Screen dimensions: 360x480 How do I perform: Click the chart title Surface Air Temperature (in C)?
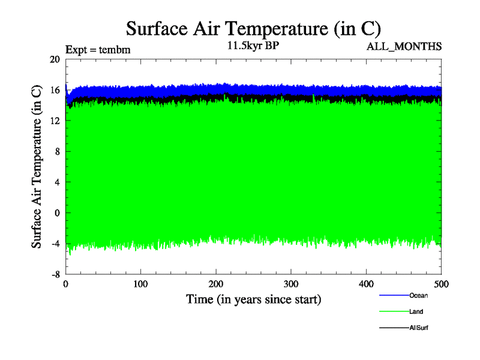[253, 28]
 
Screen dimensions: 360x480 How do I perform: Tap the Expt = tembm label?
[98, 49]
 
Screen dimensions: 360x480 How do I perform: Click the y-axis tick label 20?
[55, 60]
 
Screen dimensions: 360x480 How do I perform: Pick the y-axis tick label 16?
[55, 91]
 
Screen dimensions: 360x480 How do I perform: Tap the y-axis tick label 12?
[55, 121]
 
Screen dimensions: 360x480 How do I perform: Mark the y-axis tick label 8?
[57, 152]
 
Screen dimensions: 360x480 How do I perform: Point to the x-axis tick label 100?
[140, 284]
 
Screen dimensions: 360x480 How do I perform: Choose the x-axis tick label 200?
[216, 284]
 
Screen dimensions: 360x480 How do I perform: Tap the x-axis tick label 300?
[291, 284]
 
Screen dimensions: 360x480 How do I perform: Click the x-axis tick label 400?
[367, 284]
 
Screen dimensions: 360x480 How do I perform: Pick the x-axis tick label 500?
[441, 284]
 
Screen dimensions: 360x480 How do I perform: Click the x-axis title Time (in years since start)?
[253, 299]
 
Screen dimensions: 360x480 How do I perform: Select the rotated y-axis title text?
[37, 167]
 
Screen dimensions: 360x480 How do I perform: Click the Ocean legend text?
[418, 295]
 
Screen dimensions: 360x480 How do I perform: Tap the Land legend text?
[416, 311]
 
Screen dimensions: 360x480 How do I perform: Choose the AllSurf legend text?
[419, 328]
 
